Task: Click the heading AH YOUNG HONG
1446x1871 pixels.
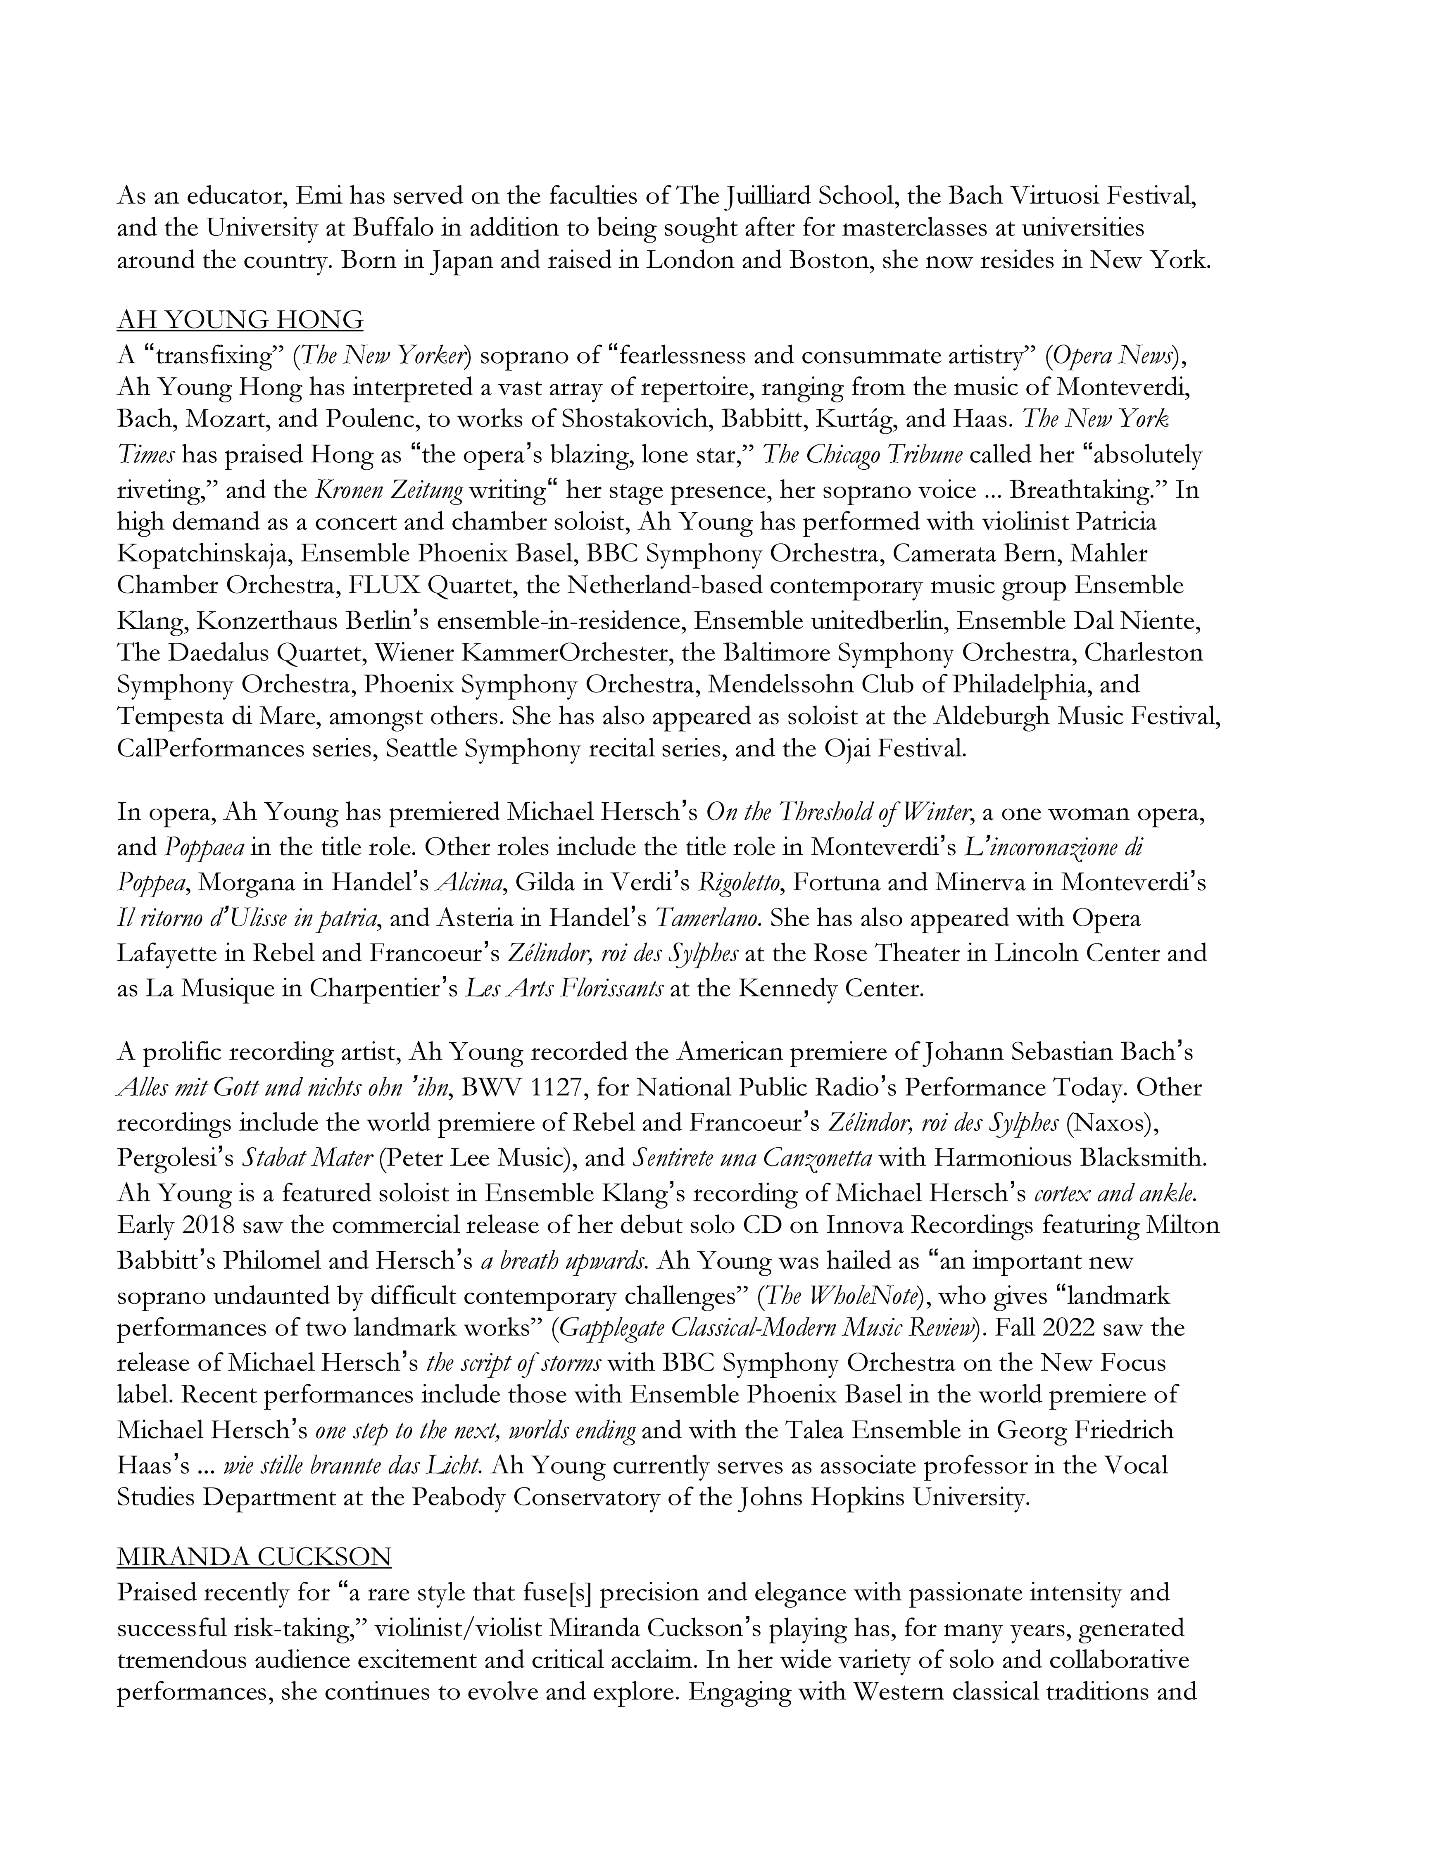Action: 240,321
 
